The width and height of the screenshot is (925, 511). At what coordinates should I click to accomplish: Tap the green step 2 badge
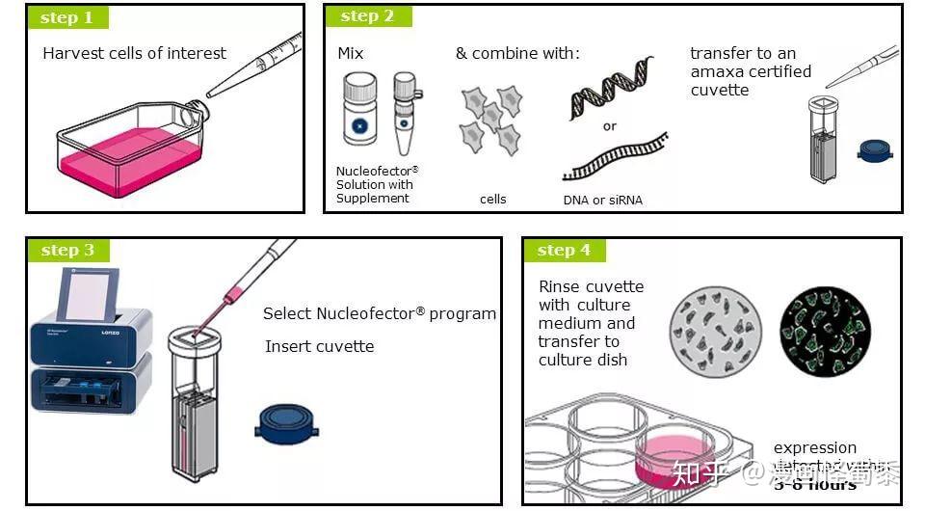(x=367, y=16)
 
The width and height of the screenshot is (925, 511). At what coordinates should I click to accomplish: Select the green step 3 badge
(x=67, y=251)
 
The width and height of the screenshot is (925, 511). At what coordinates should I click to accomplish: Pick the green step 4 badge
(x=564, y=251)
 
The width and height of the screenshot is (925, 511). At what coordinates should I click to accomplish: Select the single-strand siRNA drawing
(x=615, y=157)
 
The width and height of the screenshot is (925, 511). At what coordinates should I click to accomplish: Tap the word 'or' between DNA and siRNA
(x=610, y=126)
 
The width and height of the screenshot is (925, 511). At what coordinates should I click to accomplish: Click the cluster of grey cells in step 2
(x=491, y=121)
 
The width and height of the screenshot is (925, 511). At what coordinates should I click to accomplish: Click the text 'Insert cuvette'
(x=319, y=346)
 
